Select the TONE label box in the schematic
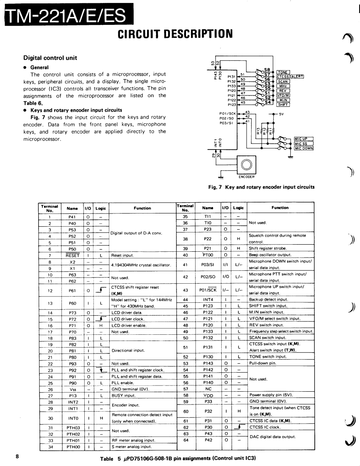pos(283,72)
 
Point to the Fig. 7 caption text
pos(261,187)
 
